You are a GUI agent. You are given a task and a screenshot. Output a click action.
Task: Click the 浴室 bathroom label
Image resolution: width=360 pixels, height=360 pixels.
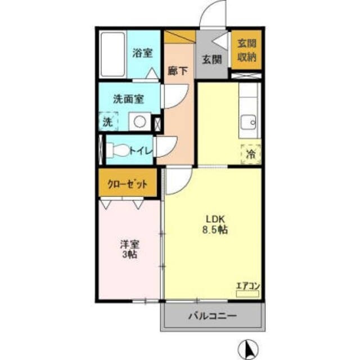[142, 53]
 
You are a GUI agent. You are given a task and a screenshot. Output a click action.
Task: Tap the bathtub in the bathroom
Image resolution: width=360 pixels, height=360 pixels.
[112, 55]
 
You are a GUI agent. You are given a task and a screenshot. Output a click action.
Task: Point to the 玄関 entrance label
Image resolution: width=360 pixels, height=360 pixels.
[211, 59]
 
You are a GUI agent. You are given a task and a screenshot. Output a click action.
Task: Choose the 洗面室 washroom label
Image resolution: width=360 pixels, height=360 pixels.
[128, 99]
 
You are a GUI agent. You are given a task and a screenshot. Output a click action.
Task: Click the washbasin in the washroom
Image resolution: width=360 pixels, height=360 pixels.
[139, 121]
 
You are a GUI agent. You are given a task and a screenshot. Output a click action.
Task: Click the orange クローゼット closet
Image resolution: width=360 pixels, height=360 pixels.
[128, 184]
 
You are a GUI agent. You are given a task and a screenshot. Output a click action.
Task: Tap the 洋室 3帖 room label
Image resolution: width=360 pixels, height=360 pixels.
[129, 249]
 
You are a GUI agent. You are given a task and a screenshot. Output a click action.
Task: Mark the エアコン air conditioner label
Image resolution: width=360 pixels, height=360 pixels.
[247, 286]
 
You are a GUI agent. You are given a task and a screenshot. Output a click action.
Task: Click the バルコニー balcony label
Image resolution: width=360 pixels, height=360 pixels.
[212, 316]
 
